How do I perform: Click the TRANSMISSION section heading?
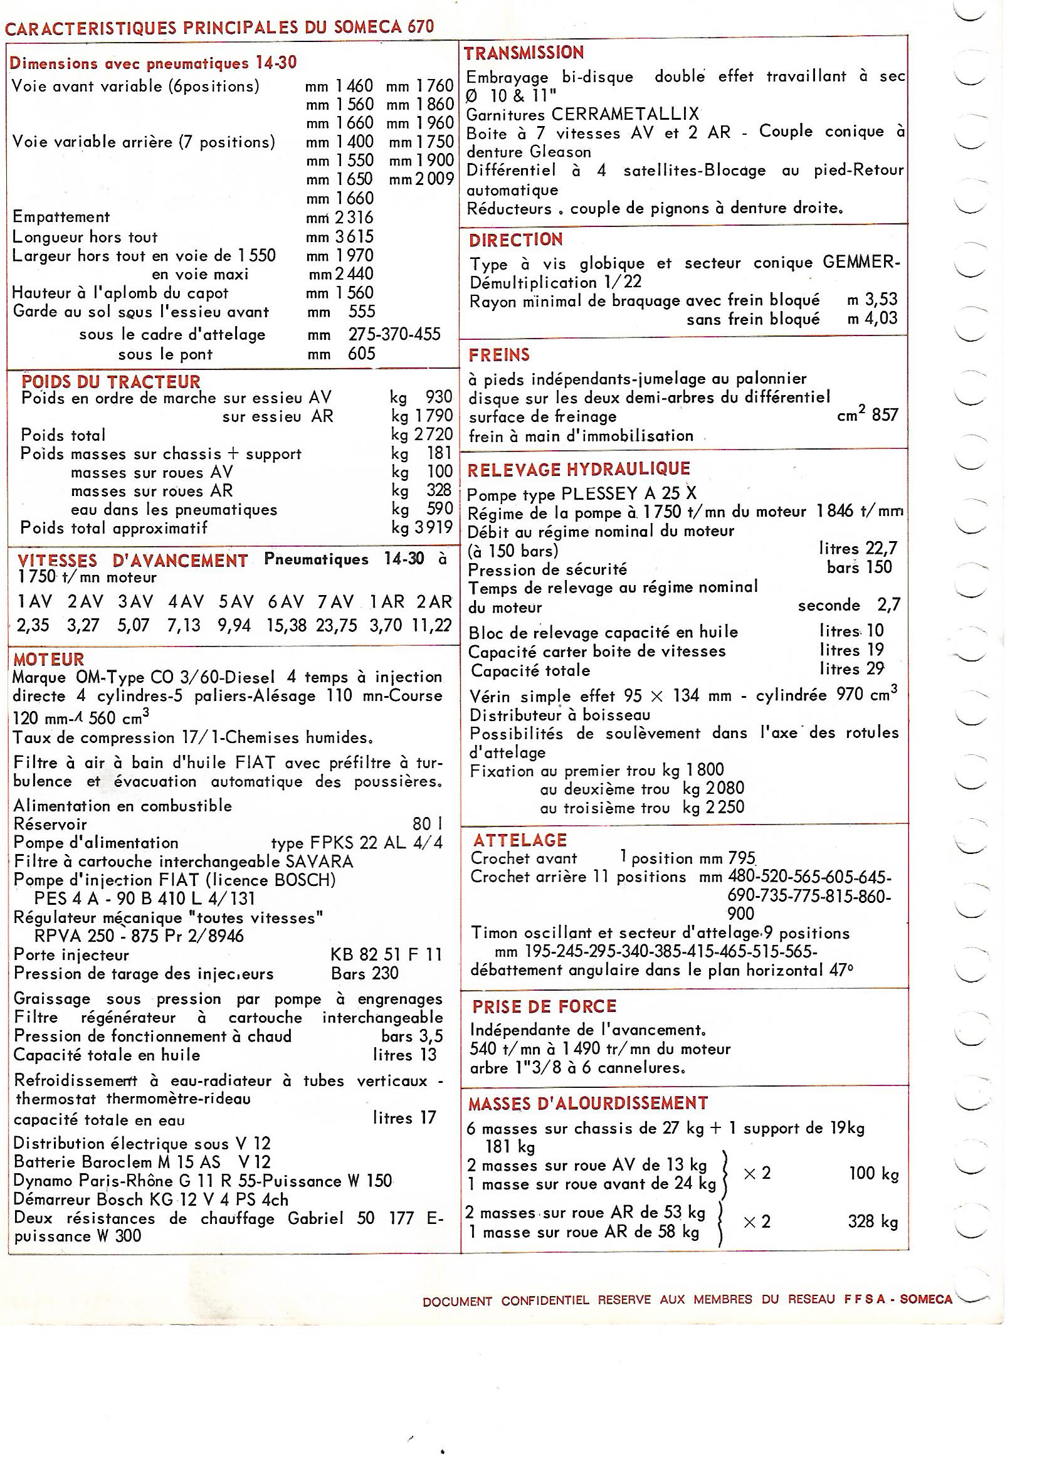point(524,53)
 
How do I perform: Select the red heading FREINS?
point(499,355)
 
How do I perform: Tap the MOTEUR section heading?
point(48,660)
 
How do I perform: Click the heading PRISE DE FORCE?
point(544,1007)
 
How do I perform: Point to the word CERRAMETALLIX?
point(625,114)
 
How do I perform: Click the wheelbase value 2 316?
point(354,218)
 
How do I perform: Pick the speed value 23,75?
point(336,625)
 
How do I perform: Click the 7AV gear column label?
point(335,601)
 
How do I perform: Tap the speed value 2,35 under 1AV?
point(33,625)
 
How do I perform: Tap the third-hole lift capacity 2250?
point(724,808)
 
